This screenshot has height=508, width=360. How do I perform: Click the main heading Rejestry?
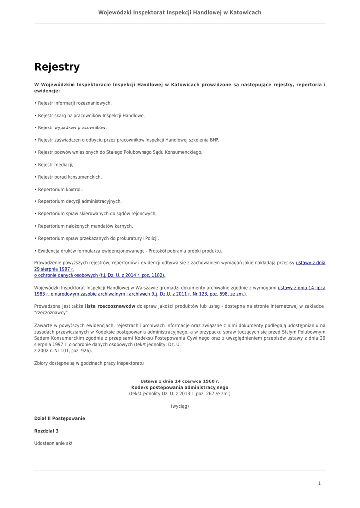click(x=57, y=67)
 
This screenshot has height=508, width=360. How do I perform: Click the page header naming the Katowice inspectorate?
click(x=180, y=12)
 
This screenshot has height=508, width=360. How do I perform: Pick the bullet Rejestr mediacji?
click(x=55, y=165)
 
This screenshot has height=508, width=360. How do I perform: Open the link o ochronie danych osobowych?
click(x=99, y=275)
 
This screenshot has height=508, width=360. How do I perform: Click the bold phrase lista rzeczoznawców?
click(x=110, y=306)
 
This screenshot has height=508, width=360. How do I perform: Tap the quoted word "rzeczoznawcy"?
click(x=51, y=313)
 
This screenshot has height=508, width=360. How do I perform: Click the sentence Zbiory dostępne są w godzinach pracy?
click(x=89, y=363)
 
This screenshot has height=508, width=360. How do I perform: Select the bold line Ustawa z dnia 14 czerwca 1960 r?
click(x=180, y=381)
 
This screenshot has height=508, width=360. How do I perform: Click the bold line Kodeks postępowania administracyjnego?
click(x=180, y=387)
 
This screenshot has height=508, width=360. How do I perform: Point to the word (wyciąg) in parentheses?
click(x=180, y=406)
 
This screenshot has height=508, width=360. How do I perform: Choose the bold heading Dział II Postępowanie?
click(x=60, y=419)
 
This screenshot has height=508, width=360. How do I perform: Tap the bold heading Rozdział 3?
click(x=46, y=431)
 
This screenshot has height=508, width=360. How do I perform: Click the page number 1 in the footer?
click(x=319, y=483)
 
